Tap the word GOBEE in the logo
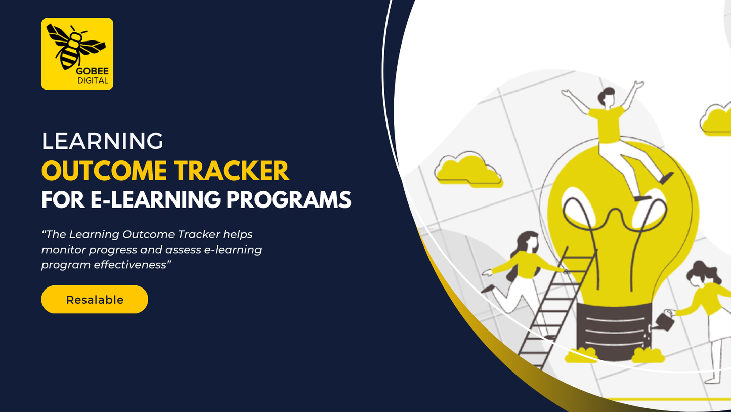point(93,71)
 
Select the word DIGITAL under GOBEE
point(93,80)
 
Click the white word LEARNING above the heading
point(102,141)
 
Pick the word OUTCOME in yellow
point(104,171)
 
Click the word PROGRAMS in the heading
point(289,200)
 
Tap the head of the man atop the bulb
point(607,97)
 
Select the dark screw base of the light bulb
point(614,332)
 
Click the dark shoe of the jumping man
point(666,178)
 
